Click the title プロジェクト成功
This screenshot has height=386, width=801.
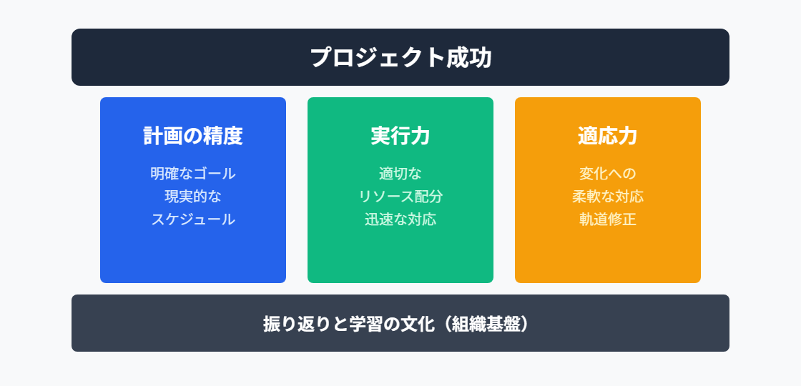click(x=400, y=57)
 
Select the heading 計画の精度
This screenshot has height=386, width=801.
click(x=193, y=136)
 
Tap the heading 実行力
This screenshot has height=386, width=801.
click(x=400, y=136)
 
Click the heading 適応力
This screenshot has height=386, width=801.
click(x=608, y=136)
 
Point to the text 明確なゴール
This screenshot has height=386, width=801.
click(x=193, y=174)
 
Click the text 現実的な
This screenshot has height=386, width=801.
click(x=193, y=197)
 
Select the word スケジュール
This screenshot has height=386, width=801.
click(x=193, y=219)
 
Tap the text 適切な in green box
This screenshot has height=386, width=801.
click(x=400, y=174)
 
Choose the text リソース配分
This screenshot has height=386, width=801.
click(x=400, y=197)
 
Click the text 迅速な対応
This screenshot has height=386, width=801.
click(x=400, y=219)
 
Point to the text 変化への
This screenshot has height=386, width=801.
click(x=608, y=174)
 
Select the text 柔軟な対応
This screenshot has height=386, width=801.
click(x=608, y=197)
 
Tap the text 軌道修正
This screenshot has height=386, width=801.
click(x=608, y=219)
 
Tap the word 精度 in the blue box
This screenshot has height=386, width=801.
click(x=223, y=136)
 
